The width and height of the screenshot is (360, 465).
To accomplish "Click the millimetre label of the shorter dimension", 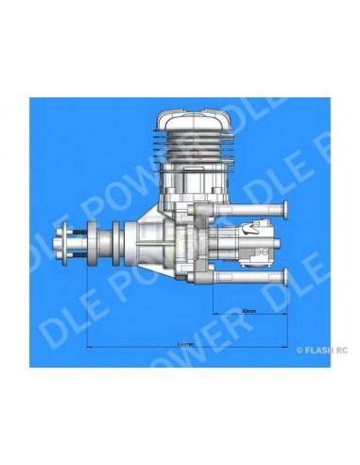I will pyautogui.click(x=248, y=309).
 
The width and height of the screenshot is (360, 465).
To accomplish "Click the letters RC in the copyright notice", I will pyautogui.click(x=340, y=349).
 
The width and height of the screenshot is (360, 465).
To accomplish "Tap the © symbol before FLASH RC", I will pyautogui.click(x=300, y=349).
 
